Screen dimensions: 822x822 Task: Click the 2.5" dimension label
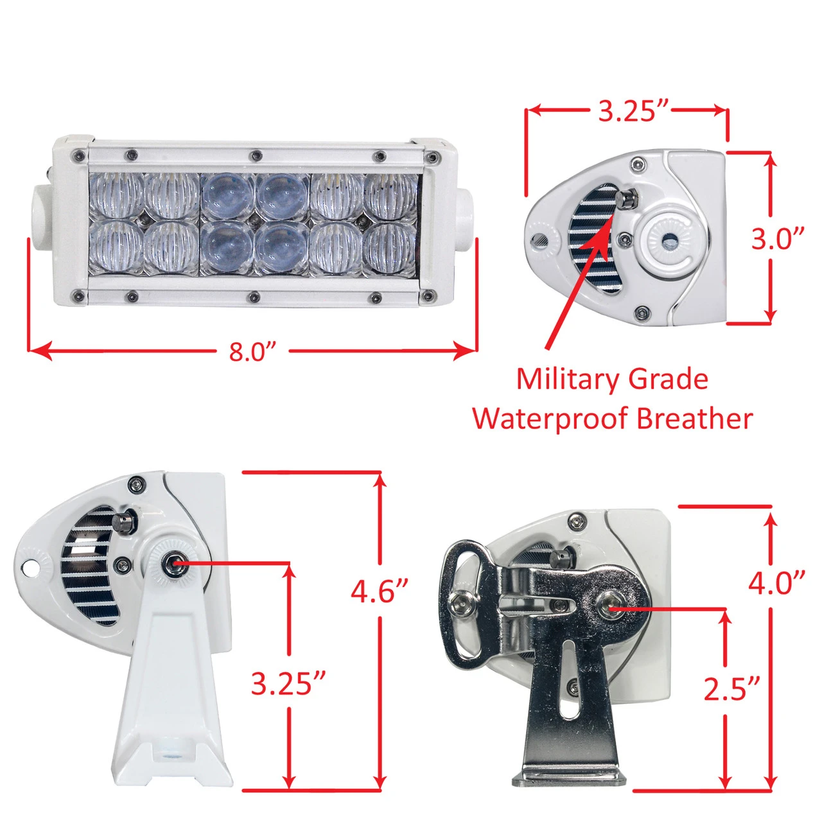click(x=731, y=690)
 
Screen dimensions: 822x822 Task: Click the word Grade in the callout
click(x=669, y=380)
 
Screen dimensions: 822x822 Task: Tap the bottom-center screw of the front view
click(x=255, y=295)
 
